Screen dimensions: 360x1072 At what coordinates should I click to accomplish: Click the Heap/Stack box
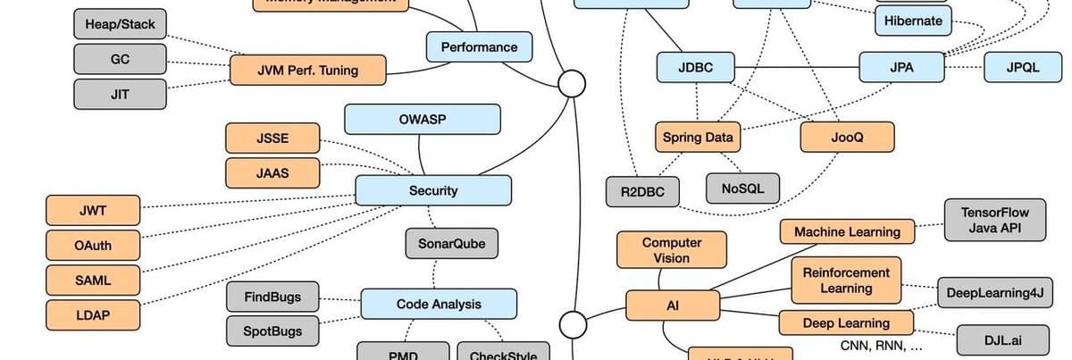(x=120, y=23)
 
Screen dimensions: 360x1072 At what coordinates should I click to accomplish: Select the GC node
(x=120, y=59)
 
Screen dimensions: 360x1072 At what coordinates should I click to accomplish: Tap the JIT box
(x=120, y=94)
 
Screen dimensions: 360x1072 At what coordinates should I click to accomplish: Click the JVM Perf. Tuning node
(x=307, y=70)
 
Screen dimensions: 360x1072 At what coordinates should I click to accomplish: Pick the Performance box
(x=479, y=46)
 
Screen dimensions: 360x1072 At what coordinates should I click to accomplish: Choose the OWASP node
(x=423, y=119)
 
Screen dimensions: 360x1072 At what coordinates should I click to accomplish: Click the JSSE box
(x=272, y=138)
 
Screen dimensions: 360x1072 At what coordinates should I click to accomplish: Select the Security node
(x=433, y=190)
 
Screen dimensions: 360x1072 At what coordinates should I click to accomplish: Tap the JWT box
(x=93, y=211)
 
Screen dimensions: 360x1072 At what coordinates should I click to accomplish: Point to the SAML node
(x=93, y=280)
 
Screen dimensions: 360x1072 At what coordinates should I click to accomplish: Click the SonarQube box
(x=451, y=243)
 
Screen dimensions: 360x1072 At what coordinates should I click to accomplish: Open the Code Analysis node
(x=439, y=305)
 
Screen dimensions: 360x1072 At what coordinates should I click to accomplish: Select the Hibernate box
(x=913, y=21)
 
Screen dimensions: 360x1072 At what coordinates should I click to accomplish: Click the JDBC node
(x=696, y=67)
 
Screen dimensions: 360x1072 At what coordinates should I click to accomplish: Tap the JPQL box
(x=1023, y=67)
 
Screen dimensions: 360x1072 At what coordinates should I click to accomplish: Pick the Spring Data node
(x=698, y=137)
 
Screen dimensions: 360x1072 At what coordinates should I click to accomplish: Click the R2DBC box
(x=642, y=191)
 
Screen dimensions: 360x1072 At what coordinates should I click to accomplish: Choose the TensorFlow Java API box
(x=994, y=220)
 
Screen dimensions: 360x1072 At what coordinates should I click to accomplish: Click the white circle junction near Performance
(x=572, y=84)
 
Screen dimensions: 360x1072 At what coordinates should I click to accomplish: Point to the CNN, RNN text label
(x=881, y=346)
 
